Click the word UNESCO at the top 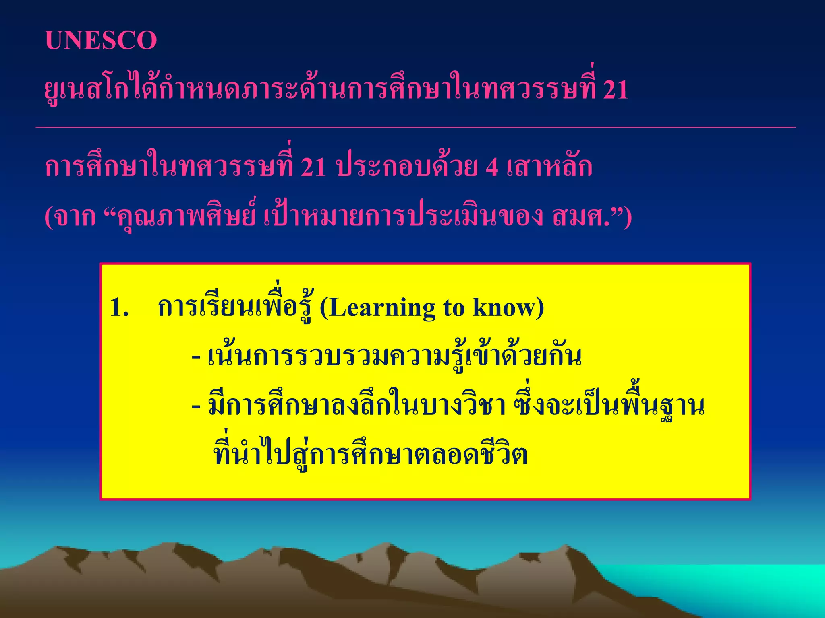pos(101,41)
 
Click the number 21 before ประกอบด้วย pos(313,167)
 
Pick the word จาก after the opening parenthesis pos(75,217)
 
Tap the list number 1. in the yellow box pos(119,308)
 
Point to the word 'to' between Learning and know pos(454,309)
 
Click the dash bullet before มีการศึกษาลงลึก pos(196,407)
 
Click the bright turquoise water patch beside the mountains pos(725,583)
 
